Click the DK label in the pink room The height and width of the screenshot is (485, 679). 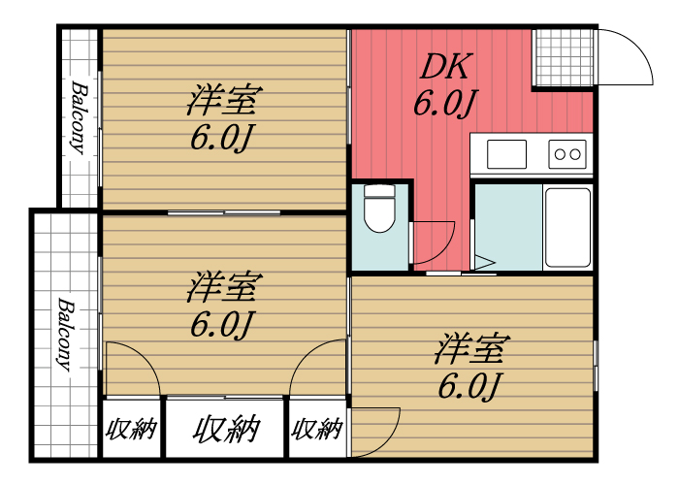444,67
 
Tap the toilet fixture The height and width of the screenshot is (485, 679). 380,209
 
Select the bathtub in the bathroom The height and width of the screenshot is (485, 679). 567,227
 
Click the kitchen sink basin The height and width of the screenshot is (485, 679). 506,154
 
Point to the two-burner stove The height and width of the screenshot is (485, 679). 567,154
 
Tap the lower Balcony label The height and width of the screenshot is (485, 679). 66,334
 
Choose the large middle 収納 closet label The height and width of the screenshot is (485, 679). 226,429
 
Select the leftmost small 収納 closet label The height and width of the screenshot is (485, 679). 131,429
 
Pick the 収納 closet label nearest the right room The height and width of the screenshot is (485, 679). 317,429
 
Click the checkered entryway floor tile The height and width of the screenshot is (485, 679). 564,57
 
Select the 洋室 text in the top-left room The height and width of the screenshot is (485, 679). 224,100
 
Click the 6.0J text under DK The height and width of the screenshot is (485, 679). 444,104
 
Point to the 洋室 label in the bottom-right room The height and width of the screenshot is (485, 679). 472,347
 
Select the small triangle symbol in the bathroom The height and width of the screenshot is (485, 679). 485,262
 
